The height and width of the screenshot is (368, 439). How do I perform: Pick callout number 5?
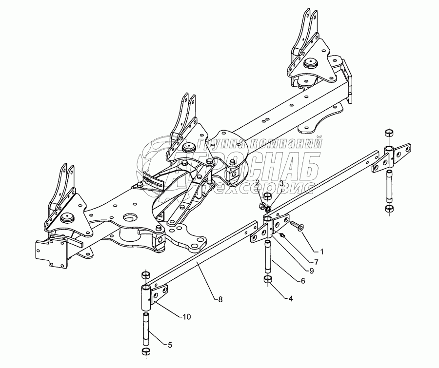pos(169,345)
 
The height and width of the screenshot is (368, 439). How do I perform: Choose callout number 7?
pos(316,262)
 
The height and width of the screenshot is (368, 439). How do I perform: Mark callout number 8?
pos(220,299)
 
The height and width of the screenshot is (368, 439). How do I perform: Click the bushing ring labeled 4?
pos(268,280)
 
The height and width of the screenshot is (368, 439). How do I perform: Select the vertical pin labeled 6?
pos(268,257)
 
